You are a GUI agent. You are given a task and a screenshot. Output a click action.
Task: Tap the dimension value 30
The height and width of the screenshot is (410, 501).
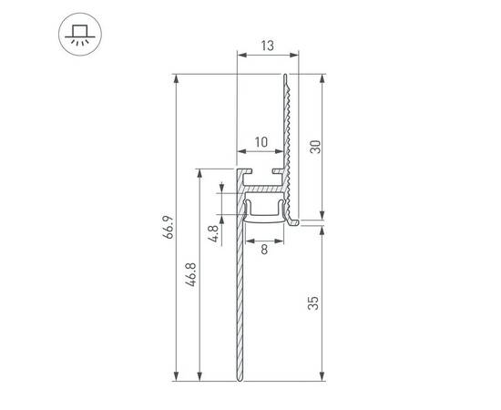point(315,147)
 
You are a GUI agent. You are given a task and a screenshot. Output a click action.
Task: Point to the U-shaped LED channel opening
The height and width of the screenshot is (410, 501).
point(264,209)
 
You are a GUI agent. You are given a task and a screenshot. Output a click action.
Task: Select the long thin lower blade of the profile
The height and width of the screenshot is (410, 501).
point(240,301)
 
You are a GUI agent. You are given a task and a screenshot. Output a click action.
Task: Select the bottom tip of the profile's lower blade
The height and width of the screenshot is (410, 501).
point(240,380)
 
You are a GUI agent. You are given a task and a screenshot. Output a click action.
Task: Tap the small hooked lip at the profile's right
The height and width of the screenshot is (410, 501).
point(293,220)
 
